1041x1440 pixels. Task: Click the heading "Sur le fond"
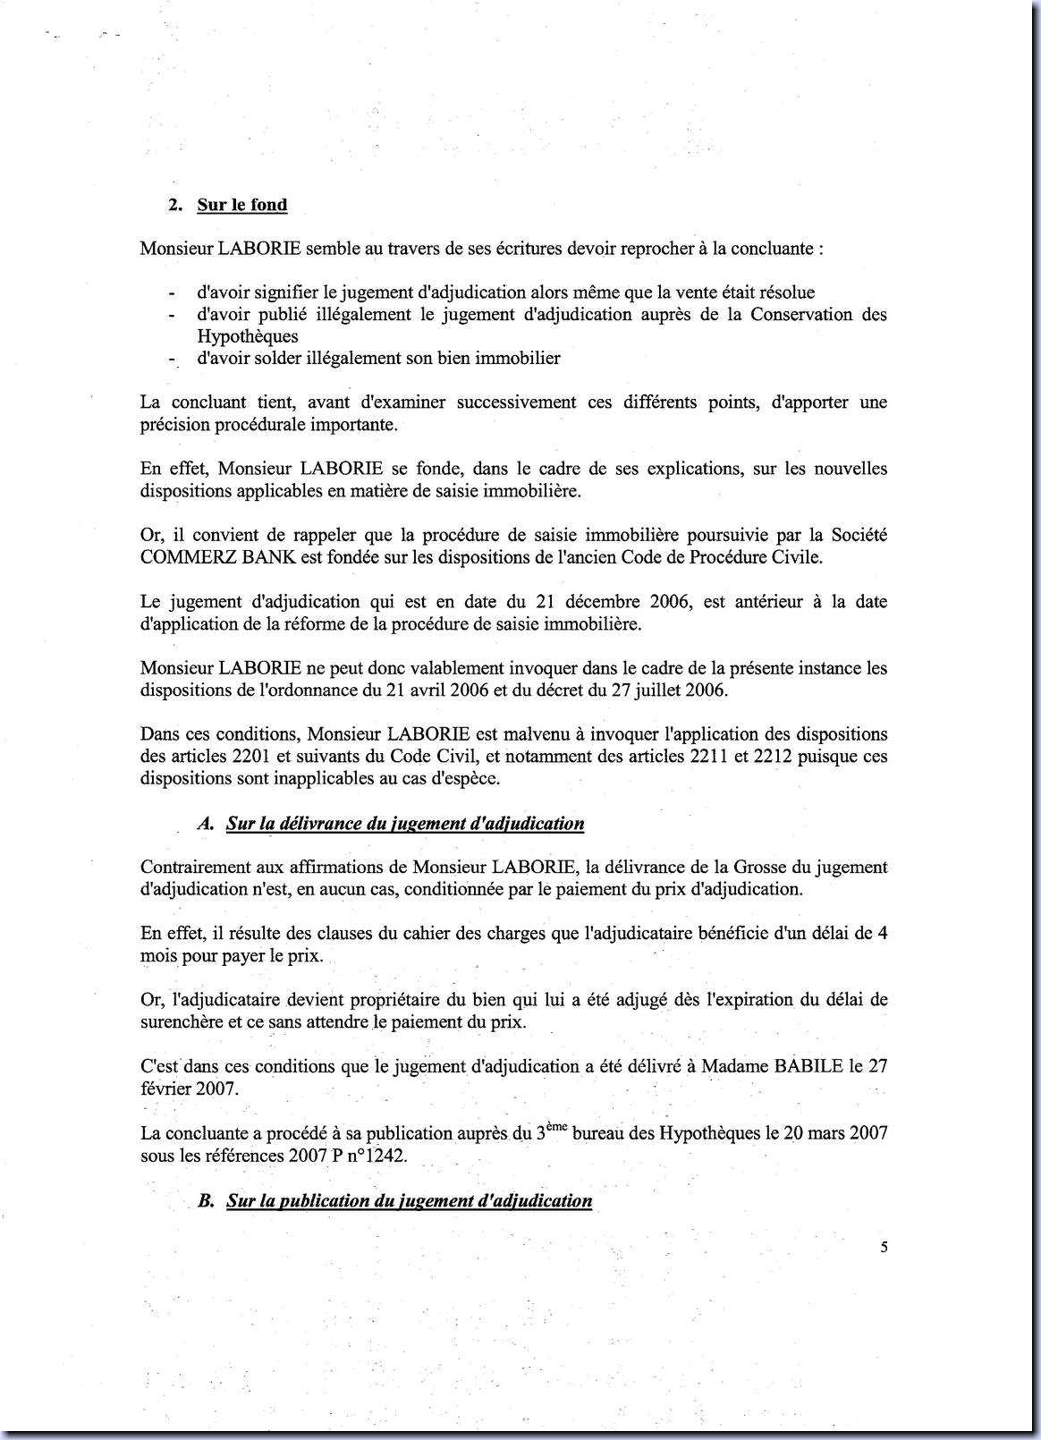coord(242,205)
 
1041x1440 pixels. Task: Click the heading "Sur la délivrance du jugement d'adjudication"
coord(405,824)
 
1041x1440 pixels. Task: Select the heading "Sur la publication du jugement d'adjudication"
coord(409,1200)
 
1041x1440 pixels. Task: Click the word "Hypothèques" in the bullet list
coord(248,336)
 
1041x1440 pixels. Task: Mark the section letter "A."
coord(205,824)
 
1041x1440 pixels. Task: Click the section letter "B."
coord(206,1200)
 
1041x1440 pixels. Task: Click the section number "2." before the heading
coord(176,205)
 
